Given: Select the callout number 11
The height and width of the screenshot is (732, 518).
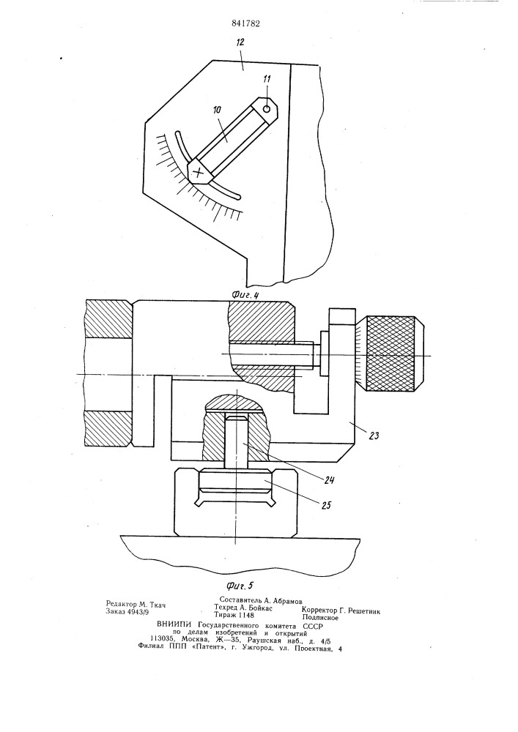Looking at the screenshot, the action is click(266, 79).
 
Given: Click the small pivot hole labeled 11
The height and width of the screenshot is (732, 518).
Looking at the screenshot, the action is click(267, 109).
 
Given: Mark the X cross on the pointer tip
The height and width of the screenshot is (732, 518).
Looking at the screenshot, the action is click(199, 172).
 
